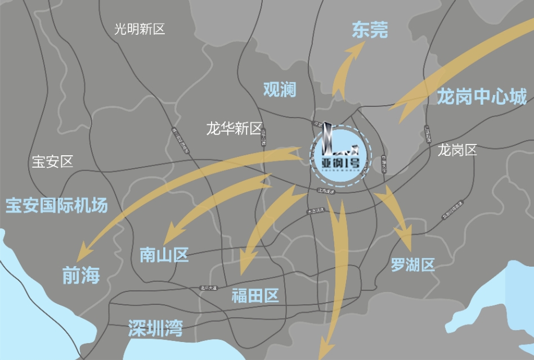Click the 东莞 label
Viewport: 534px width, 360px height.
click(x=370, y=30)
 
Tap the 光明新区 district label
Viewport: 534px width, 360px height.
click(x=140, y=29)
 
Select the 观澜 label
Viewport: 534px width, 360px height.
click(x=280, y=89)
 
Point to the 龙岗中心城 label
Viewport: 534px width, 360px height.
click(x=482, y=97)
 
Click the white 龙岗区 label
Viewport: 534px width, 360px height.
click(x=457, y=150)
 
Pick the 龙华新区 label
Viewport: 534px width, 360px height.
click(x=234, y=129)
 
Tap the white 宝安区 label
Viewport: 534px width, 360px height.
click(x=52, y=162)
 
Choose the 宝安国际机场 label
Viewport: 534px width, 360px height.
click(x=56, y=205)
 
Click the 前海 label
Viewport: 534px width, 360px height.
click(x=80, y=276)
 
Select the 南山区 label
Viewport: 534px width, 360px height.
click(x=164, y=255)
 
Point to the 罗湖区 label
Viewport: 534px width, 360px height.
click(x=413, y=264)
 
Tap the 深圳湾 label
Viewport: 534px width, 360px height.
click(x=155, y=328)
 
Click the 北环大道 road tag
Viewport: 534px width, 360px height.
click(x=208, y=288)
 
